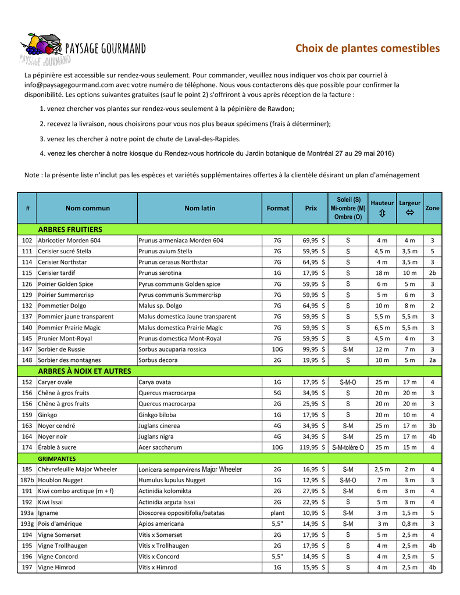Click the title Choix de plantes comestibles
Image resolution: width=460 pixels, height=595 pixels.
point(367,48)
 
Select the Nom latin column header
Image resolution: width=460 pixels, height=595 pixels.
point(199,208)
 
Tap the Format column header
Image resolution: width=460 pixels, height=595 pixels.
point(277,208)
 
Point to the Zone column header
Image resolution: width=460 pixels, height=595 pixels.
point(432,208)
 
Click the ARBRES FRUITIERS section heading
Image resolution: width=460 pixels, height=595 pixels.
point(70,230)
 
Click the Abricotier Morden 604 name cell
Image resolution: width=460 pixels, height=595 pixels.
point(69,241)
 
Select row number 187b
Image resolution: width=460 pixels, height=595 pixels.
point(27,481)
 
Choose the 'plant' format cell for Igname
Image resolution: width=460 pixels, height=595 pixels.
point(277,513)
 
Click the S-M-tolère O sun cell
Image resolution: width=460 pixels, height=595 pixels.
point(348,447)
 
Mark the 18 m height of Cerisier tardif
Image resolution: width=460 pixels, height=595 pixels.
point(381,273)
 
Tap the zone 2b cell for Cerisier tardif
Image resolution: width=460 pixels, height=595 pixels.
point(432,273)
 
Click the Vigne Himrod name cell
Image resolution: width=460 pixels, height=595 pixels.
point(56,568)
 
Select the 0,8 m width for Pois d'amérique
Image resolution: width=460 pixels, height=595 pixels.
point(409,524)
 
